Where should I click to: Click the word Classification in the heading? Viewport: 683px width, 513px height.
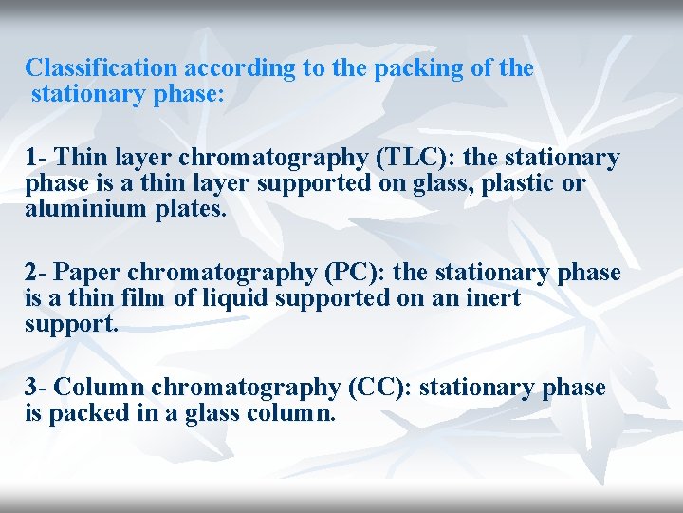tap(102, 68)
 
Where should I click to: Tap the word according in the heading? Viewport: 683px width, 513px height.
tap(227, 68)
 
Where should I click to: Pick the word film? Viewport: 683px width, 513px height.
tap(149, 299)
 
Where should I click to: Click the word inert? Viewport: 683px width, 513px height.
tap(490, 299)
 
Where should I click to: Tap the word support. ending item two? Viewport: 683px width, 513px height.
tap(72, 325)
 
